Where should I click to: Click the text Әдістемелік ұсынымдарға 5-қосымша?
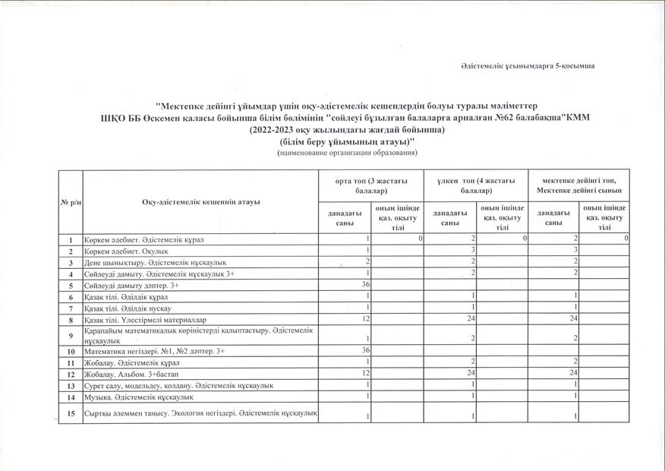[528, 67]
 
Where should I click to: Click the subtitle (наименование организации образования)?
[348, 153]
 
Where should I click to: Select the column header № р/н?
[70, 201]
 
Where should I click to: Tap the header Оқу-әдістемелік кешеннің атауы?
[201, 201]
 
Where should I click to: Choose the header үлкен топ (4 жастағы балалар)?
[476, 185]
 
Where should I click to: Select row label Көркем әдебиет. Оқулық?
[126, 251]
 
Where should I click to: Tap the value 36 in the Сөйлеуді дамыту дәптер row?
[365, 286]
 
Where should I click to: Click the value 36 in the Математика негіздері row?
[365, 351]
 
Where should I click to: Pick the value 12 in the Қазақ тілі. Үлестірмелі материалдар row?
[366, 320]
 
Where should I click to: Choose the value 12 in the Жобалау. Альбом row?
[366, 374]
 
